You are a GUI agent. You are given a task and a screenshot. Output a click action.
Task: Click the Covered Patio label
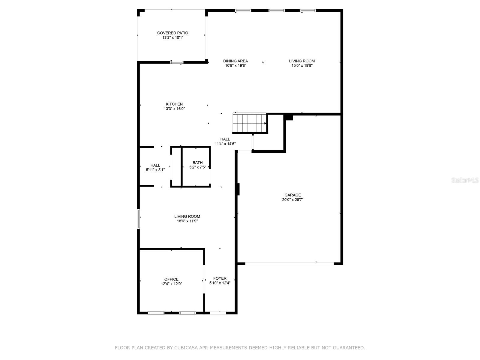(x=172, y=33)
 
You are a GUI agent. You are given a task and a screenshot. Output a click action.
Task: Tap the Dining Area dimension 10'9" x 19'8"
(x=235, y=65)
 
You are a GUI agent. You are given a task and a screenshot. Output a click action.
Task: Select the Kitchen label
(x=174, y=104)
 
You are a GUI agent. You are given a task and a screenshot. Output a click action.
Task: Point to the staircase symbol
(x=250, y=123)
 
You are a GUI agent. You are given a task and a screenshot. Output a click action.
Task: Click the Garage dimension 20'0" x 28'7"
(x=292, y=199)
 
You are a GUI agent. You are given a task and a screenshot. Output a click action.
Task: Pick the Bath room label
(x=197, y=163)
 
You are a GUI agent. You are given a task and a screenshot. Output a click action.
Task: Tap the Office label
(x=171, y=279)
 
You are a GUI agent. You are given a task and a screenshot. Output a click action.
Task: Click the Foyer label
(x=220, y=278)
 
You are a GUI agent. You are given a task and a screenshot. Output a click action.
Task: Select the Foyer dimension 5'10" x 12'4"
(x=220, y=283)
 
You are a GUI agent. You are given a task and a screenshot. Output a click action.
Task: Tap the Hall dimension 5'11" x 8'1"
(x=155, y=169)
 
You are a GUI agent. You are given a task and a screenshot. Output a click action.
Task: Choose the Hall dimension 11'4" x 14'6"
(x=225, y=144)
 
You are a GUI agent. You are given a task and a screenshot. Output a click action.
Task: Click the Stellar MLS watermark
(x=465, y=180)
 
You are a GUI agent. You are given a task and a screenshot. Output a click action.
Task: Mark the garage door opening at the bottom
(x=289, y=264)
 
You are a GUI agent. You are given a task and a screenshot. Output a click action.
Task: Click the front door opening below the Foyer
(x=218, y=313)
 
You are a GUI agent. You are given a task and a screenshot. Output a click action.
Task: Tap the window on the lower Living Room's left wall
(x=138, y=219)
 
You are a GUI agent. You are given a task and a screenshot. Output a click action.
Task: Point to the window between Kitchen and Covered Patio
(x=177, y=62)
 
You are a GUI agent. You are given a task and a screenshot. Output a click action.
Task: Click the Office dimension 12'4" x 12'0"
(x=171, y=284)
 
